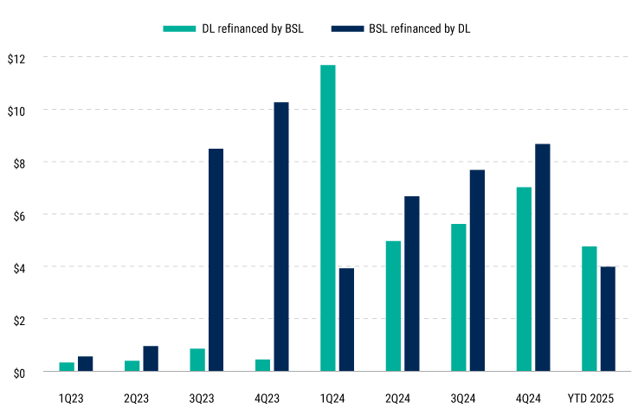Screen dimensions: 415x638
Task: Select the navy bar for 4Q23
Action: (281, 237)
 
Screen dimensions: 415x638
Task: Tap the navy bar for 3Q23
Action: (216, 260)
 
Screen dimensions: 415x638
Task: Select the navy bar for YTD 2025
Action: (609, 319)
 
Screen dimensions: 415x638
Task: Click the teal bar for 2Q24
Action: (393, 306)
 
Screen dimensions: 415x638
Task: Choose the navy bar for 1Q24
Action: (346, 320)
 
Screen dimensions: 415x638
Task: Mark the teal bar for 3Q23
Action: (197, 360)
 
